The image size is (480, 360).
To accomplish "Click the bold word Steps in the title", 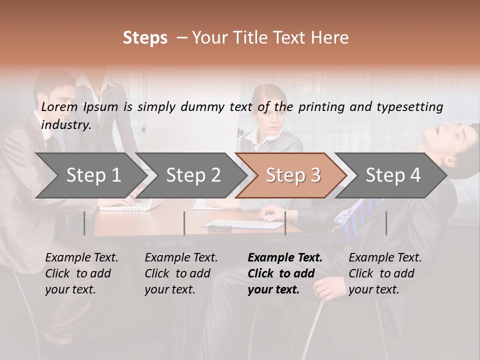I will pyautogui.click(x=145, y=38).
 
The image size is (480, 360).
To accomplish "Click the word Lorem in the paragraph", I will pyautogui.click(x=59, y=107).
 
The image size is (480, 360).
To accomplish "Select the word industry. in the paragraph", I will pyautogui.click(x=66, y=125).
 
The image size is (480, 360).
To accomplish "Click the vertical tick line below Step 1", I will pyautogui.click(x=84, y=223).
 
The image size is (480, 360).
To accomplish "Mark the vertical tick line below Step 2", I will pyautogui.click(x=184, y=223).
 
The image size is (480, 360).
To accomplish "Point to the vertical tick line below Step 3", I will pyautogui.click(x=285, y=223).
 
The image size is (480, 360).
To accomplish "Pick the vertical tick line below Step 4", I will pyautogui.click(x=386, y=223).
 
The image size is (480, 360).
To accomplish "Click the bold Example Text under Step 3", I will pyautogui.click(x=285, y=258).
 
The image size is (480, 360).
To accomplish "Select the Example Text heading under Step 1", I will pyautogui.click(x=81, y=258).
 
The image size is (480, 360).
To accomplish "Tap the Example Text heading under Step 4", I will pyautogui.click(x=385, y=258).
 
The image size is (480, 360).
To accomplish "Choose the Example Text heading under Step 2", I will pyautogui.click(x=181, y=258).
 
